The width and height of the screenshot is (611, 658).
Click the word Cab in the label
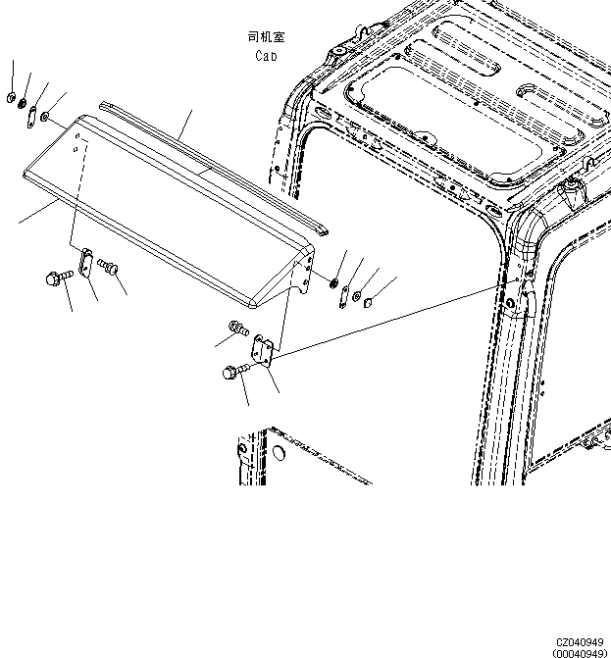pyautogui.click(x=266, y=56)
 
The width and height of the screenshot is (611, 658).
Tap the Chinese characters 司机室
pyautogui.click(x=266, y=37)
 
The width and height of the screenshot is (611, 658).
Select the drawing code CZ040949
pyautogui.click(x=579, y=642)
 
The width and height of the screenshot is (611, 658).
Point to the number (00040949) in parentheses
pyautogui.click(x=579, y=653)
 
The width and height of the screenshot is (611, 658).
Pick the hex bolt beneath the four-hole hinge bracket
pyautogui.click(x=233, y=374)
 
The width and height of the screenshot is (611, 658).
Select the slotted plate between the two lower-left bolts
pyautogui.click(x=85, y=265)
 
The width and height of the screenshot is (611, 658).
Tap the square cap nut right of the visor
pyautogui.click(x=369, y=302)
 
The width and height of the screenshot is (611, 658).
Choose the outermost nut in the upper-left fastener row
pyautogui.click(x=9, y=97)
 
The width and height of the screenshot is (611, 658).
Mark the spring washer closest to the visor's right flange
pyautogui.click(x=335, y=284)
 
